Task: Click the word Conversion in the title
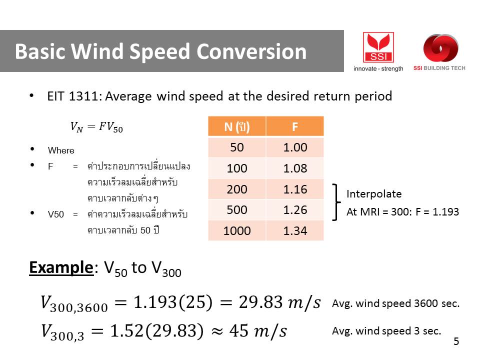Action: coord(251,51)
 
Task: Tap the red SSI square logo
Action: coord(378,47)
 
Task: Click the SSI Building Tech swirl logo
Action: coord(440,48)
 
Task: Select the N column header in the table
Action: coord(237,126)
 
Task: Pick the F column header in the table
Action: coord(295,126)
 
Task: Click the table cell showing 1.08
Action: coord(295,168)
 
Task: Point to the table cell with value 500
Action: coord(237,209)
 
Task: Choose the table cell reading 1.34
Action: coord(295,230)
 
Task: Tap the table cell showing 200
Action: coord(237,189)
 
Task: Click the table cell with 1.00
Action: coord(295,147)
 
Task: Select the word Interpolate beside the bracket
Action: coord(374,194)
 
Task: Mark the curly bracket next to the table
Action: coord(336,202)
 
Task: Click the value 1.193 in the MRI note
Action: coord(445,212)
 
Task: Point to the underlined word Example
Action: coord(61,268)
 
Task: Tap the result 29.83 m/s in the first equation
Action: coord(280,302)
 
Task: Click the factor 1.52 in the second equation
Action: coord(126,331)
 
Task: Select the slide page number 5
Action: coord(456,341)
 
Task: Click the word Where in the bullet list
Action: coord(61,150)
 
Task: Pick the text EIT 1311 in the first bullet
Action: coord(73,96)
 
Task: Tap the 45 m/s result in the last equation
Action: coord(258,331)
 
